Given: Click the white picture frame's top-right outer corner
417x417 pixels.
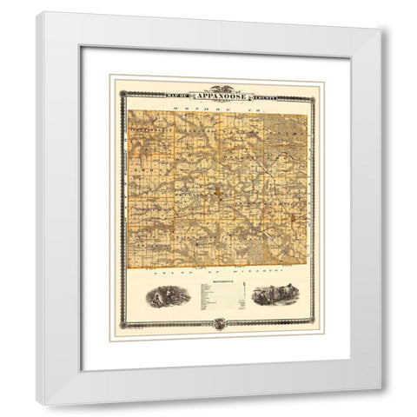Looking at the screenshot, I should pyautogui.click(x=380, y=29).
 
